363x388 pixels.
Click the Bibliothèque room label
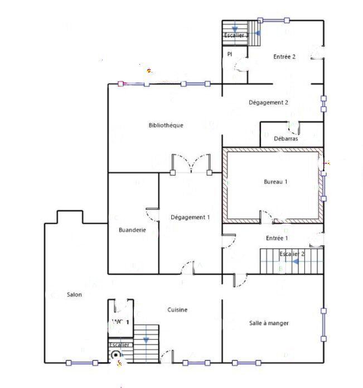pyautogui.click(x=166, y=125)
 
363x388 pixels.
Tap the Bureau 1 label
pyautogui.click(x=275, y=182)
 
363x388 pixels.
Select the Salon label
pyautogui.click(x=75, y=294)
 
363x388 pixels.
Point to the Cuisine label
pyautogui.click(x=177, y=310)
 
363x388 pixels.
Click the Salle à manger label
pyautogui.click(x=269, y=323)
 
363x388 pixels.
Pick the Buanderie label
pyautogui.click(x=132, y=229)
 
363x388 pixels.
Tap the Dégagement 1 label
pyautogui.click(x=190, y=217)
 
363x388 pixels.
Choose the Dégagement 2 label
pyautogui.click(x=268, y=103)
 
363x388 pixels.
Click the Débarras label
pyautogui.click(x=286, y=139)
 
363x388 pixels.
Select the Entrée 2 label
pyautogui.click(x=284, y=57)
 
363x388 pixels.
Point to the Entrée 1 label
pyautogui.click(x=277, y=238)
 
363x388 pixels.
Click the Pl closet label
pyautogui.click(x=229, y=54)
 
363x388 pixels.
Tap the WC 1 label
pyautogui.click(x=120, y=322)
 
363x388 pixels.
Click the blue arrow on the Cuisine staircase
pyautogui.click(x=146, y=339)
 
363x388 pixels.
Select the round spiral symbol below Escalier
pyautogui.click(x=116, y=355)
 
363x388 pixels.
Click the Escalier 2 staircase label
pyautogui.click(x=292, y=254)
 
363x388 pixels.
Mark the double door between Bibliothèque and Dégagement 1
pyautogui.click(x=191, y=164)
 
